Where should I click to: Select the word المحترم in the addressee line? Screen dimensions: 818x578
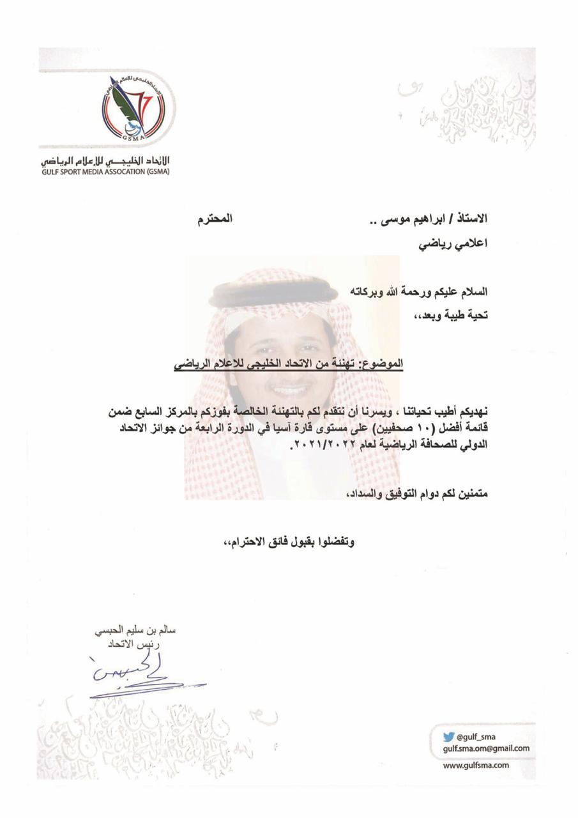coord(213,220)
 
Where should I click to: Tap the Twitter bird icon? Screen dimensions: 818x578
coord(449,736)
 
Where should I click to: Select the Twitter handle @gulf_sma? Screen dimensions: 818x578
coord(476,736)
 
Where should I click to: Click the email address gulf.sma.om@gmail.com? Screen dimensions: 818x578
coord(486,748)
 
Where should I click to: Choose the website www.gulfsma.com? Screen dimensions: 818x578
coord(476,765)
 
